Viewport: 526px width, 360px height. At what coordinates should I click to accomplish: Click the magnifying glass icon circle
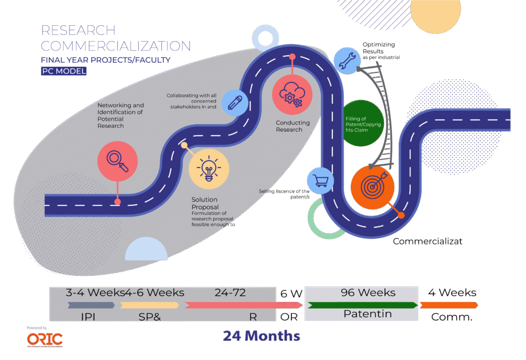click(x=118, y=161)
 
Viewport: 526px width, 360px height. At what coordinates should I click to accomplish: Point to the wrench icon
click(x=346, y=60)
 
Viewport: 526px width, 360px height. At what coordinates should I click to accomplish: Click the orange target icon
click(x=373, y=186)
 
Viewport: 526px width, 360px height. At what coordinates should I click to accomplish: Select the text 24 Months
click(x=261, y=336)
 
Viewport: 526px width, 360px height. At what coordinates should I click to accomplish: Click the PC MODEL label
click(x=64, y=71)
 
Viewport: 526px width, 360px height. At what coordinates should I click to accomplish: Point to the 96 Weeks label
click(x=368, y=293)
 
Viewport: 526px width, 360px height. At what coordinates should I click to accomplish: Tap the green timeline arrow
click(x=362, y=305)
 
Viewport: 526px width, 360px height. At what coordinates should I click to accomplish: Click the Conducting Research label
click(x=293, y=126)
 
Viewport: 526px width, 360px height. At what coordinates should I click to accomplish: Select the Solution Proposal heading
click(x=204, y=203)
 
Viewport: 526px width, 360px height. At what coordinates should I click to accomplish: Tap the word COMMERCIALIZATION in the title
click(x=116, y=46)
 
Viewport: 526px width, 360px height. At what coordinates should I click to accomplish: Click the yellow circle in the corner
click(x=436, y=13)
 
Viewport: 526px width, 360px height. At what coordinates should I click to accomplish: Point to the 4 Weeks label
click(x=452, y=293)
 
